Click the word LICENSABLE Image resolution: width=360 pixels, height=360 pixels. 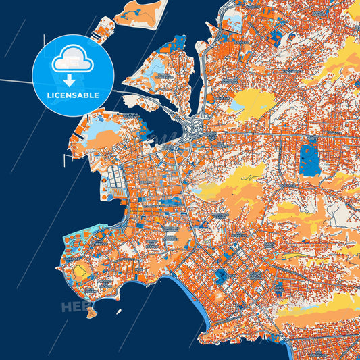tap(73, 95)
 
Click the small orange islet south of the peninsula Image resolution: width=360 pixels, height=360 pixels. tap(92, 312)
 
